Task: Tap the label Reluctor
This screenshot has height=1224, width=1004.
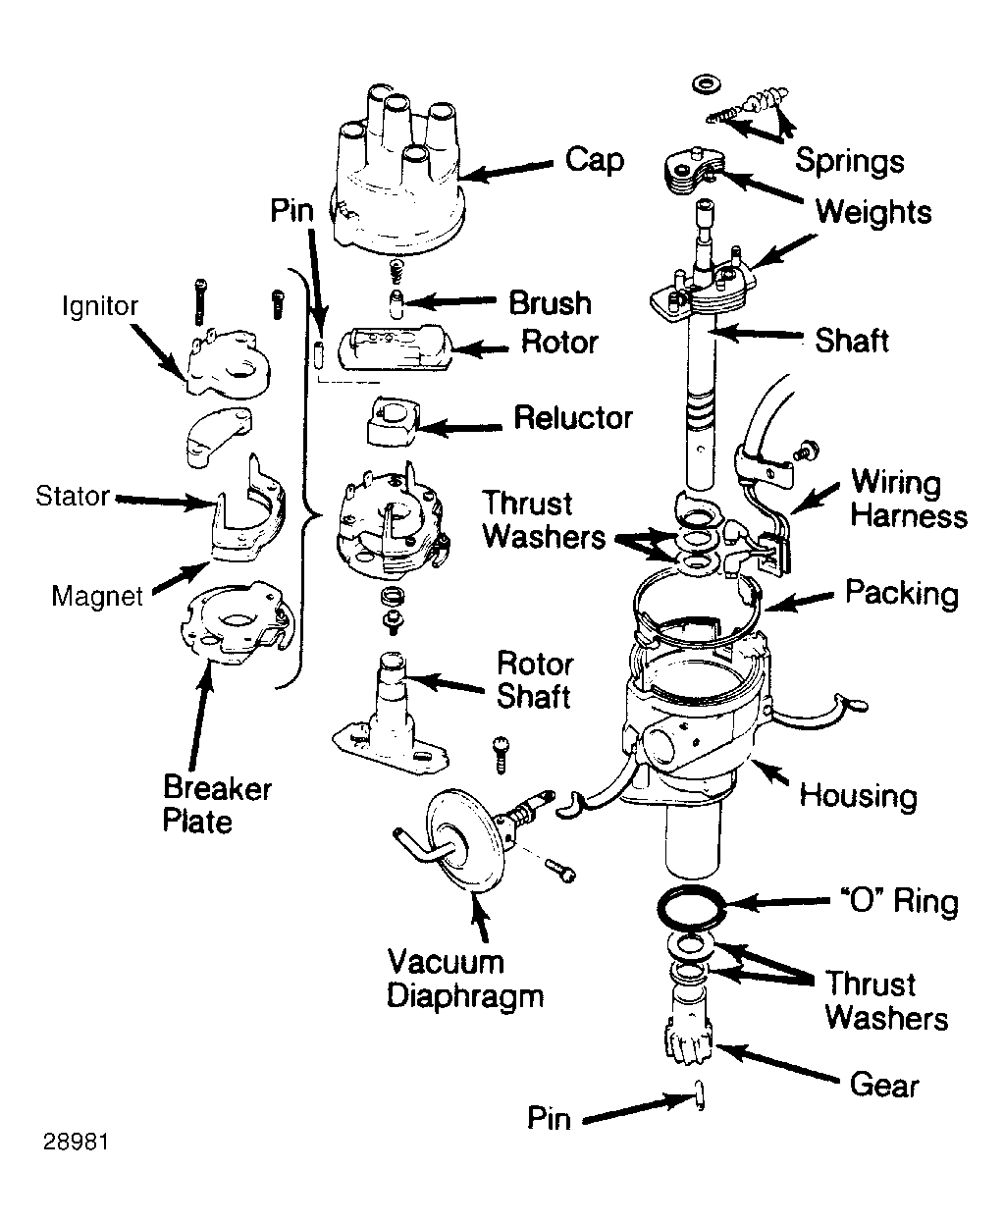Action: (x=573, y=418)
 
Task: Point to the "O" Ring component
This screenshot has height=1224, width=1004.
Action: (x=692, y=909)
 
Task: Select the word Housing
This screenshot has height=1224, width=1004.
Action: (x=859, y=796)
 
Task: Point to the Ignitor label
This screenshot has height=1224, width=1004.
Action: (x=100, y=306)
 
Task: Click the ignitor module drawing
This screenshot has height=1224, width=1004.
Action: (x=228, y=364)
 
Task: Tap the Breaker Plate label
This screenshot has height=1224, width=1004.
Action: (x=217, y=805)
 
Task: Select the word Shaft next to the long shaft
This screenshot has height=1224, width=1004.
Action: (x=852, y=341)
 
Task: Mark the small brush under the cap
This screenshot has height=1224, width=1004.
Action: (x=396, y=302)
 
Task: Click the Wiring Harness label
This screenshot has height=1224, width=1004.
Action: (x=909, y=499)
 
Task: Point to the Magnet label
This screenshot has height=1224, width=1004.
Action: (x=97, y=596)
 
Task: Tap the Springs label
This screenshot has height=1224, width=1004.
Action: (x=850, y=160)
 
